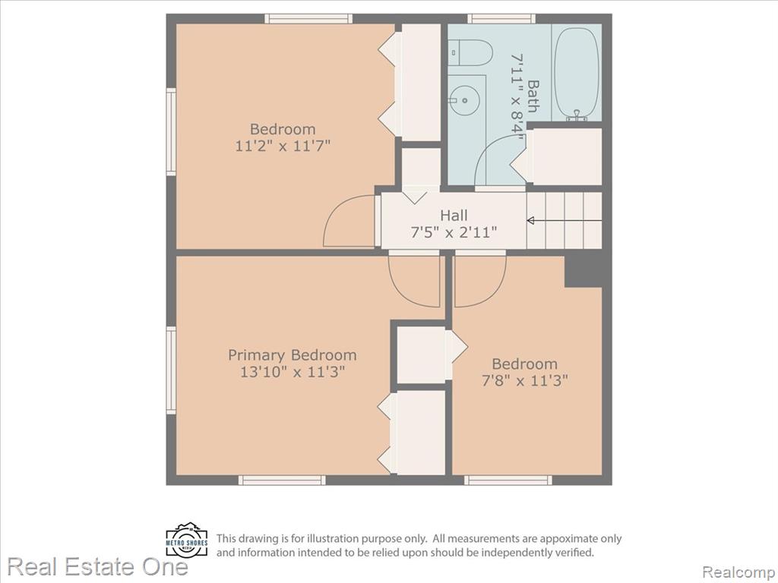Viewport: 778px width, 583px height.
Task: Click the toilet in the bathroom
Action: coord(470,52)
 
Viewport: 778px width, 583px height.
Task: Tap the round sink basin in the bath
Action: coord(465,100)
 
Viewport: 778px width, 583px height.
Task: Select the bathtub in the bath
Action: coord(576,73)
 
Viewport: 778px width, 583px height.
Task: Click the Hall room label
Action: coord(454,215)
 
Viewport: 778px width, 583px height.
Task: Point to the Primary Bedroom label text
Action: coord(293,355)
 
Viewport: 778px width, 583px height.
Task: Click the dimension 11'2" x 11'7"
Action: coord(283,147)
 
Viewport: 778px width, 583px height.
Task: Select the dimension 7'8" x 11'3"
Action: coord(524,381)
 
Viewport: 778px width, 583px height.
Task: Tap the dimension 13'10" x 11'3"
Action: coord(293,372)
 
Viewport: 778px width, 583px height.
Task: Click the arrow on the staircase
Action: coord(565,221)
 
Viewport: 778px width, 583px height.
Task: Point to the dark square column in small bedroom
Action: coord(583,272)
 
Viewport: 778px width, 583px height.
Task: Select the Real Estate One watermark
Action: coord(98,566)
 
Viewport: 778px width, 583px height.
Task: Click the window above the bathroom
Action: coord(501,19)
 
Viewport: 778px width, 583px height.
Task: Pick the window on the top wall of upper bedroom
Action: coord(308,19)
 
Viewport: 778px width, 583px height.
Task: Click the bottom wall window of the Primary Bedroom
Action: coord(283,480)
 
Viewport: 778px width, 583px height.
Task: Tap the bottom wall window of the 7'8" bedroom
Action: coord(508,480)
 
